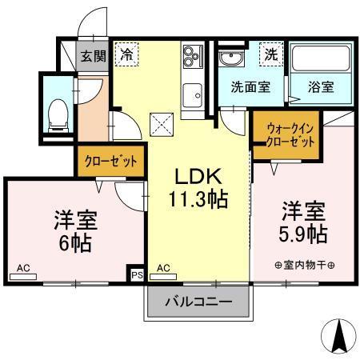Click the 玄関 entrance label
(x=92, y=55)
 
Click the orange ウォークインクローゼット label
(x=284, y=132)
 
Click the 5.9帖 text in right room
(x=302, y=234)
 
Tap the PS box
(x=136, y=274)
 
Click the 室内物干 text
(x=303, y=266)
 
